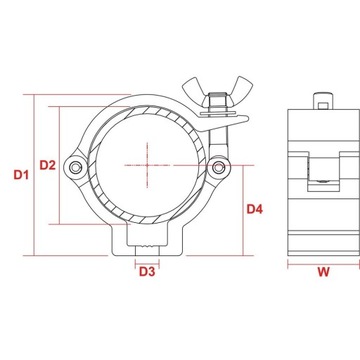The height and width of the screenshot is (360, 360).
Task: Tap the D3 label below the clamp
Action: [146, 270]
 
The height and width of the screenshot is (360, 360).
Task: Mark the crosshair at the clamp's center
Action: [147, 164]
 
